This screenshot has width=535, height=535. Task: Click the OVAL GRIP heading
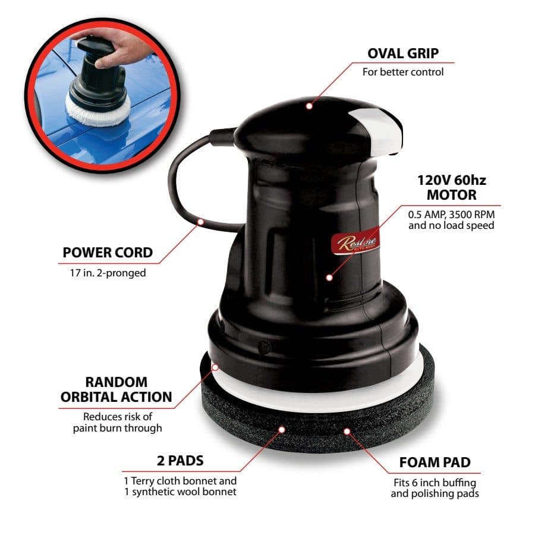pos(403,53)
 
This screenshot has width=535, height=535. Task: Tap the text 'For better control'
pos(403,72)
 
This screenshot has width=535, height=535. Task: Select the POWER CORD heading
pos(108,253)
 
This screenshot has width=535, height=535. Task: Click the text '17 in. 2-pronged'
pos(108,273)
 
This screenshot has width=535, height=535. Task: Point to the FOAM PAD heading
pos(435,462)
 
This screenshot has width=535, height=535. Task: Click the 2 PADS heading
pos(180,461)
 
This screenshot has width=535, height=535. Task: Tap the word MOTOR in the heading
pos(451,195)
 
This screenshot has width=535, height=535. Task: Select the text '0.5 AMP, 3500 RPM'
pos(451,215)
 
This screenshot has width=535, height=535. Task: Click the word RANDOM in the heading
pos(117,382)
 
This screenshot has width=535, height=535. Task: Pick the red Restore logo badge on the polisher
pos(355,243)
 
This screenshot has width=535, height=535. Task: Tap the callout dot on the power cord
pos(201,222)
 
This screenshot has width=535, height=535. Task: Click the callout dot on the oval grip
pos(309,106)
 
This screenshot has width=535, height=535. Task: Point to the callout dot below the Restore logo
pos(329,278)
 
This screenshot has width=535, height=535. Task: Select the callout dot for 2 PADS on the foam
pos(282,430)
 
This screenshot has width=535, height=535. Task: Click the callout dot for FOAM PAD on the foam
pos(347,432)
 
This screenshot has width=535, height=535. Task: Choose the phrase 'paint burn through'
pos(117,428)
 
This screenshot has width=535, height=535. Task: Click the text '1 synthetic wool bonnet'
pos(180,492)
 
